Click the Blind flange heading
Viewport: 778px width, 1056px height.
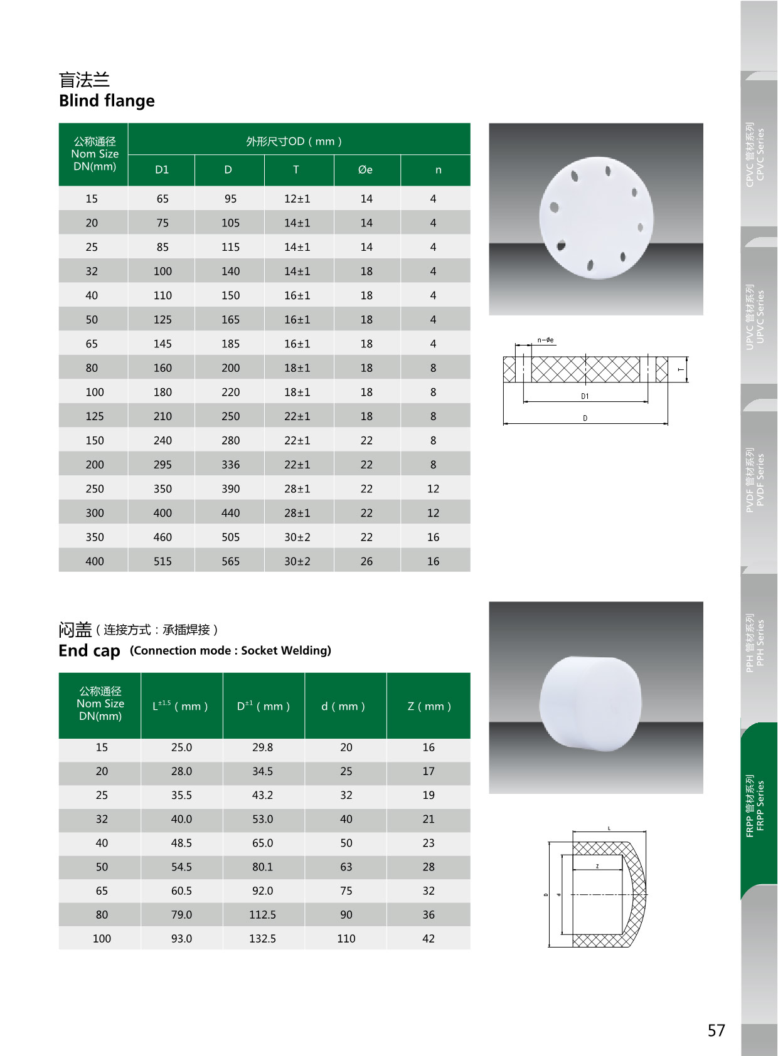click(x=107, y=101)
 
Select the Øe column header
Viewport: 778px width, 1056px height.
click(x=365, y=170)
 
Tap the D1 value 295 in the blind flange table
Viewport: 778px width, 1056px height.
click(x=163, y=465)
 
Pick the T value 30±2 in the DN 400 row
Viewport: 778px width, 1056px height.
click(x=297, y=561)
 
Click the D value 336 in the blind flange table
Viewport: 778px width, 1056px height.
click(x=230, y=465)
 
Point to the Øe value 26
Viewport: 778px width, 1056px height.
click(x=366, y=561)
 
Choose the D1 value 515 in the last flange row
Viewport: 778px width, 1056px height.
click(x=163, y=561)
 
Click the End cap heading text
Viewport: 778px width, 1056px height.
click(x=89, y=651)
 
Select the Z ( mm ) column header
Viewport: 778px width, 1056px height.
click(x=429, y=706)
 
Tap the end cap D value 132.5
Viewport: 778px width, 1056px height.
click(x=262, y=939)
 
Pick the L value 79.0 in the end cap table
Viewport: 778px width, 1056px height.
click(x=181, y=915)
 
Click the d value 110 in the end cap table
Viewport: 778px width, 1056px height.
click(x=346, y=939)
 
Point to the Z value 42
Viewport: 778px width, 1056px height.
click(x=429, y=939)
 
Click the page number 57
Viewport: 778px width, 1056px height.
click(x=716, y=1030)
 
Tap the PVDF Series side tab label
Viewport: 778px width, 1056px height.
click(x=755, y=480)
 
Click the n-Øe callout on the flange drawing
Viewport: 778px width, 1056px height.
click(x=545, y=341)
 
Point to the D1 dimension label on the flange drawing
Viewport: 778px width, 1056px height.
click(x=585, y=396)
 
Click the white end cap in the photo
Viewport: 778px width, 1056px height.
click(x=590, y=702)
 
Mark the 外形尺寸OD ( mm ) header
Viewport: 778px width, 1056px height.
click(x=294, y=142)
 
